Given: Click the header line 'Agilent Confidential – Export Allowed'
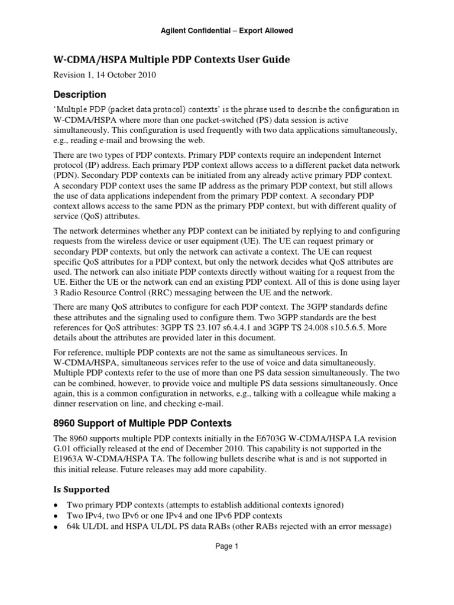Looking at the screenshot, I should pyautogui.click(x=227, y=30).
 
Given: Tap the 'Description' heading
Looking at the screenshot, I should pyautogui.click(x=80, y=95).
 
